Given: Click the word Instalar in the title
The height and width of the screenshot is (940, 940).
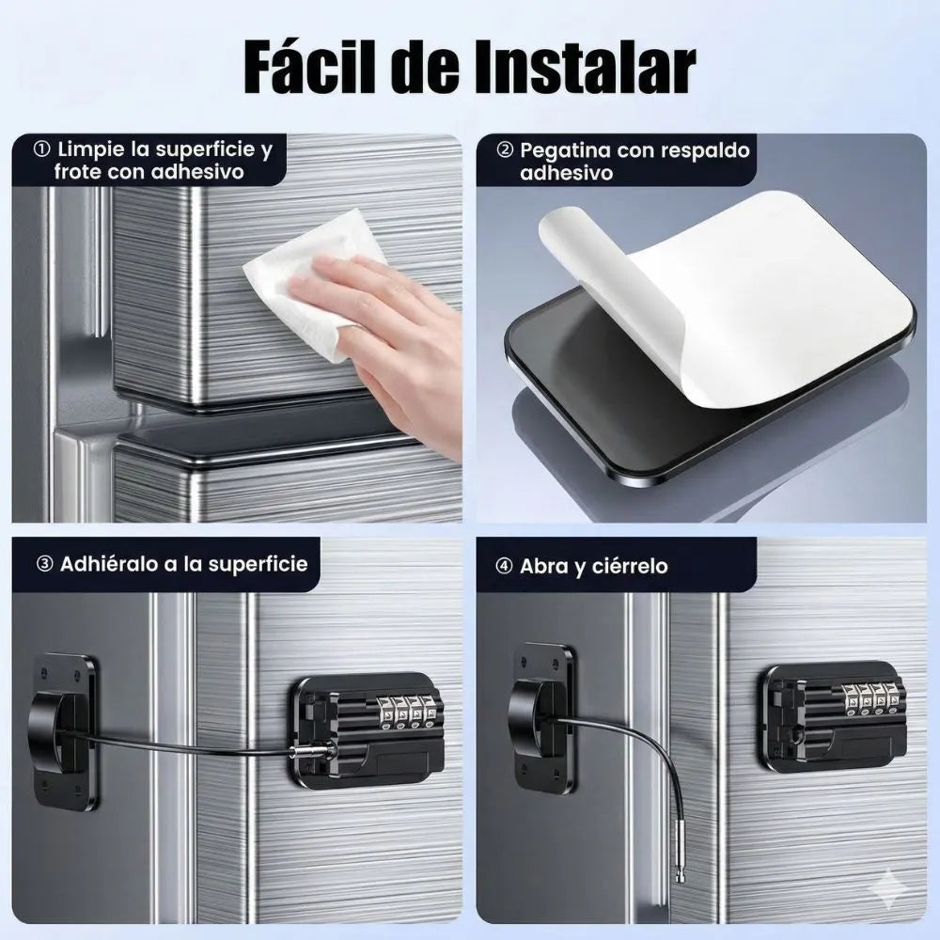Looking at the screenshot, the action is pos(586,66).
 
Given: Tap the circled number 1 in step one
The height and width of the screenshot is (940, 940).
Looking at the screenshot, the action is pos(42,149).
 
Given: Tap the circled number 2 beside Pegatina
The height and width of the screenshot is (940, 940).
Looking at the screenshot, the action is pos(506,149).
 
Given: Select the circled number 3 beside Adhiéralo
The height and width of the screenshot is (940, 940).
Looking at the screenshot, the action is pos(45,564).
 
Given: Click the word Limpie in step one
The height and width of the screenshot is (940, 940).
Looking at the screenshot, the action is pos(90,149).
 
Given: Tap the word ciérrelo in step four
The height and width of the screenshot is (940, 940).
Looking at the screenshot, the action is pos(630,567).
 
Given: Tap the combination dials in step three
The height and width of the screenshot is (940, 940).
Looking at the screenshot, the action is pos(406,713).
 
